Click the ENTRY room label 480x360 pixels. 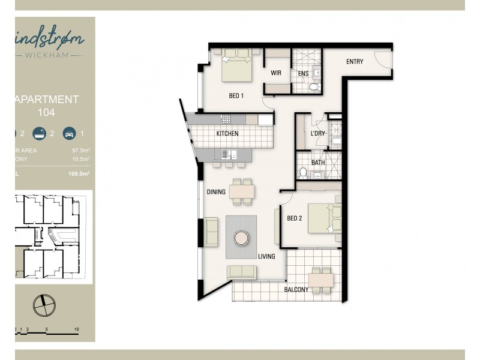pyautogui.click(x=355, y=62)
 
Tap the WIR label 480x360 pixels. pyautogui.click(x=276, y=73)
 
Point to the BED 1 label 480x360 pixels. pyautogui.click(x=236, y=95)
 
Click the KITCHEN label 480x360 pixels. pyautogui.click(x=227, y=133)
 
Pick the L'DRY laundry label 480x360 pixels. pyautogui.click(x=317, y=133)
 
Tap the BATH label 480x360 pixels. pyautogui.click(x=317, y=163)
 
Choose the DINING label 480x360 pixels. pyautogui.click(x=216, y=193)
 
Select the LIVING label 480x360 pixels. pyautogui.click(x=266, y=257)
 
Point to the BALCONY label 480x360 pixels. pyautogui.click(x=296, y=290)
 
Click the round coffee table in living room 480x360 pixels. pyautogui.click(x=241, y=238)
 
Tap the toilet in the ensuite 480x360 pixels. pyautogui.click(x=313, y=88)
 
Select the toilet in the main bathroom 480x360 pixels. pyautogui.click(x=304, y=173)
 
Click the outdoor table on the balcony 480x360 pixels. pyautogui.click(x=321, y=279)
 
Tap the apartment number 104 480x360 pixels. pyautogui.click(x=46, y=111)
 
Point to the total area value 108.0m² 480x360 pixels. pyautogui.click(x=79, y=173)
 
